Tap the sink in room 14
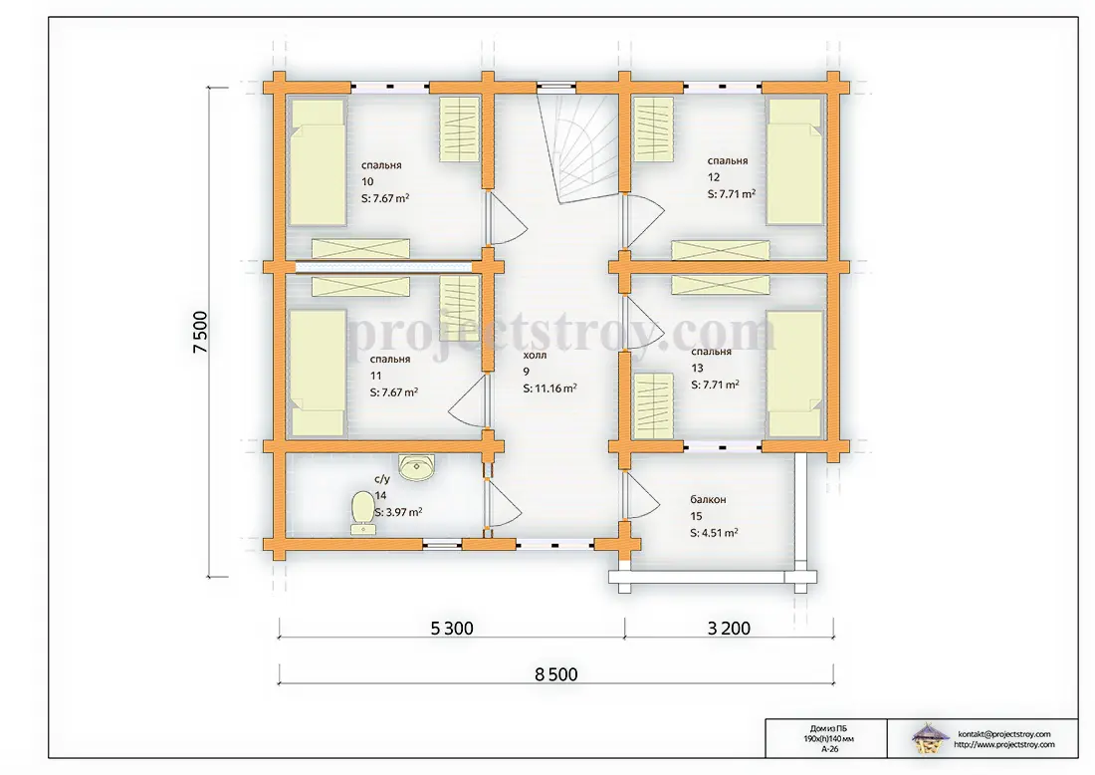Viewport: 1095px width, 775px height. (x=417, y=467)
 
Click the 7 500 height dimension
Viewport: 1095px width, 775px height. (x=200, y=332)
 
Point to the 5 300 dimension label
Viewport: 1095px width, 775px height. (x=452, y=629)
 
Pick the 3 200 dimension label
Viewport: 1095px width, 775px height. (x=729, y=629)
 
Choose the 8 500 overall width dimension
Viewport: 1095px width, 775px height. (x=555, y=674)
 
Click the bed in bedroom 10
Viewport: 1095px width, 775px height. (x=318, y=162)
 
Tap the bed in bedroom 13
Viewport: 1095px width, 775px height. (x=794, y=374)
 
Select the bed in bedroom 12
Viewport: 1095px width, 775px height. (x=794, y=161)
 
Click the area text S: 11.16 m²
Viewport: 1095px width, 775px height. (x=549, y=388)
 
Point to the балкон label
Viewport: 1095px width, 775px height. (x=708, y=500)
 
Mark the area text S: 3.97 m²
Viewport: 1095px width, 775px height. (x=398, y=512)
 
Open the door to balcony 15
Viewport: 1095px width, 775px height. (x=640, y=496)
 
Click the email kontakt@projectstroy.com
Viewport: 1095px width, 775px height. (x=1004, y=734)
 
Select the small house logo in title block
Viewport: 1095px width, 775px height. (x=929, y=738)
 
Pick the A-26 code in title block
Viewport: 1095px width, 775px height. (x=829, y=748)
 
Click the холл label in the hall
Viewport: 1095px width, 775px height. (x=535, y=355)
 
